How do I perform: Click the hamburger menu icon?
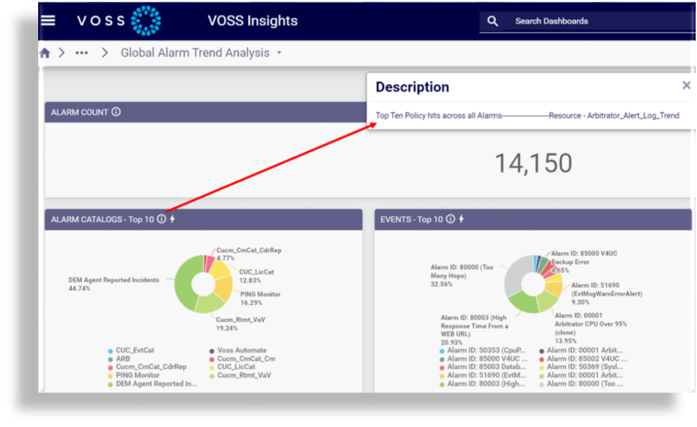click(x=48, y=20)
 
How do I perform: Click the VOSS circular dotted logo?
click(x=146, y=20)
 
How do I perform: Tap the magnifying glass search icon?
click(x=493, y=21)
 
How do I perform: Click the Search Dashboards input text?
click(x=551, y=21)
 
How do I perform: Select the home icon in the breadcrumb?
click(x=45, y=53)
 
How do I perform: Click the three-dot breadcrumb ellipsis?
click(x=82, y=53)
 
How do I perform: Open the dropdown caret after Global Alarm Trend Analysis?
click(x=279, y=53)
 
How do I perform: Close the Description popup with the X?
click(x=686, y=85)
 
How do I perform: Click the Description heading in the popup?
click(x=412, y=87)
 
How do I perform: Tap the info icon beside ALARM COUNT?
click(x=116, y=112)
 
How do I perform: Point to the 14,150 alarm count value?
click(x=533, y=163)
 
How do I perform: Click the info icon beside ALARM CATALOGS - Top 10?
click(x=161, y=219)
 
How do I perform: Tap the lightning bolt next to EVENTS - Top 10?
click(x=461, y=219)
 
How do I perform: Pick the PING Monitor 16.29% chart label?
click(x=260, y=298)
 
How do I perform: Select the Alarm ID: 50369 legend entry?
click(x=586, y=367)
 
